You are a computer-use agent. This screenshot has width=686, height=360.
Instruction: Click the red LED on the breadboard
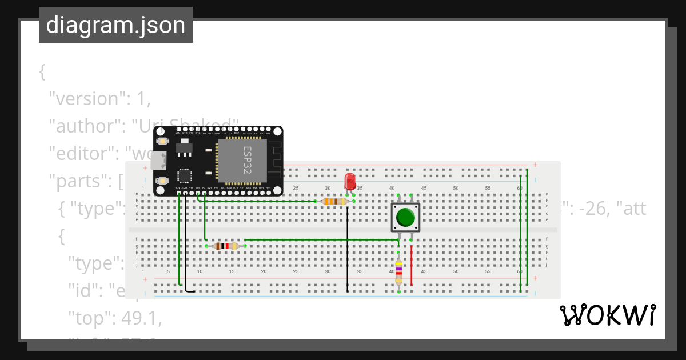tap(350, 182)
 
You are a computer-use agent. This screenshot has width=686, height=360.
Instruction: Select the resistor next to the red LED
tap(334, 201)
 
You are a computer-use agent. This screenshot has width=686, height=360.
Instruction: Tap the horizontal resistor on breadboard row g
tap(225, 246)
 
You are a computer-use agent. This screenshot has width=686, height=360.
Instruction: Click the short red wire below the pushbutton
tap(411, 264)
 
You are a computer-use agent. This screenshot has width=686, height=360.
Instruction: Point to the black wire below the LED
tap(347, 251)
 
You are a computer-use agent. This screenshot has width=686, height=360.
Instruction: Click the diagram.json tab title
tap(115, 25)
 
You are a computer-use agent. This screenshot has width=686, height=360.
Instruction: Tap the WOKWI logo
tap(607, 315)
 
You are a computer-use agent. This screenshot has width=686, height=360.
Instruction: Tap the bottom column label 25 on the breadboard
tap(296, 271)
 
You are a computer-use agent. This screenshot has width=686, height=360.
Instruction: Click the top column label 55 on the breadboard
tap(488, 188)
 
